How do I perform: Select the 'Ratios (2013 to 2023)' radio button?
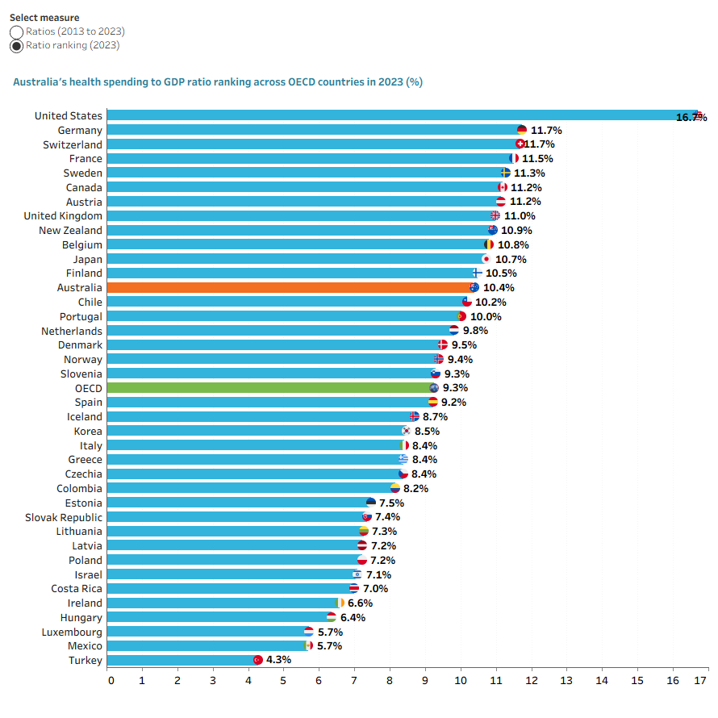click(x=16, y=32)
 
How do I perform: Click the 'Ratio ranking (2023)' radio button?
click(x=16, y=46)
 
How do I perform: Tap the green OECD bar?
click(x=270, y=388)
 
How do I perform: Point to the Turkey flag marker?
click(x=258, y=660)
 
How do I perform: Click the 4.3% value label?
click(x=278, y=660)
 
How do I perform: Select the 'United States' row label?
click(x=69, y=116)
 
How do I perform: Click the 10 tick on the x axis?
click(x=460, y=680)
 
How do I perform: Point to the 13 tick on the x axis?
click(x=566, y=680)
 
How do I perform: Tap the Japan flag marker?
click(x=486, y=259)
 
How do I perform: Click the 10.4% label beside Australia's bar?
click(x=499, y=287)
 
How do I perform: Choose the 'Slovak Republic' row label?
click(x=64, y=517)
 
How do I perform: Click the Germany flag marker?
click(x=521, y=130)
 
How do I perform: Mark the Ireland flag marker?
click(x=340, y=603)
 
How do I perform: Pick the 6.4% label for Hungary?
click(x=353, y=618)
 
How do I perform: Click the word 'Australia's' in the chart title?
click(x=40, y=82)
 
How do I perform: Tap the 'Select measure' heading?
click(x=44, y=18)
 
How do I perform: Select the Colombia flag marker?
click(x=394, y=488)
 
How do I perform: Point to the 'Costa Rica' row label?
click(x=77, y=588)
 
